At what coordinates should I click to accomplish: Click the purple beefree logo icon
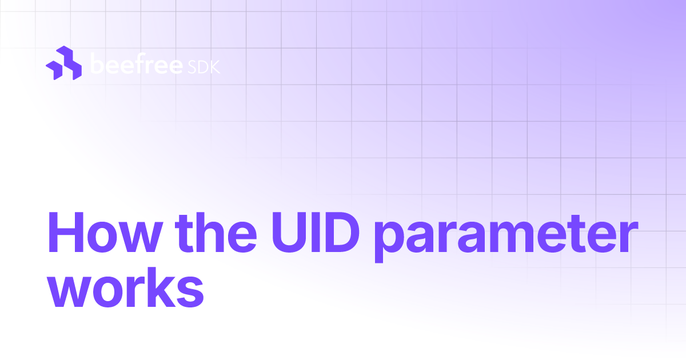(63, 62)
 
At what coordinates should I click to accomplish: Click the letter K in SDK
(214, 67)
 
